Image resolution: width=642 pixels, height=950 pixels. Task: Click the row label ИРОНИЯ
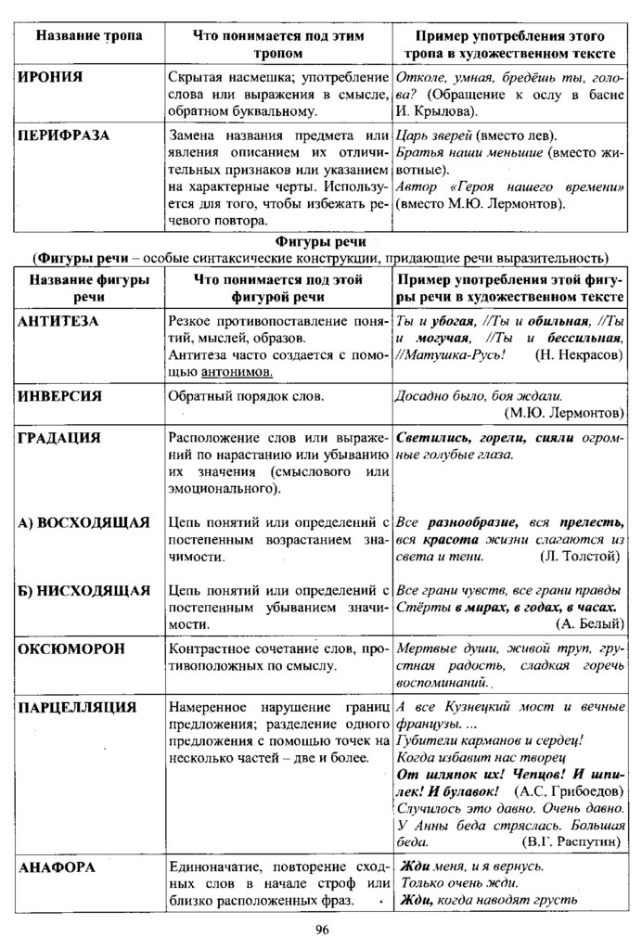(x=50, y=77)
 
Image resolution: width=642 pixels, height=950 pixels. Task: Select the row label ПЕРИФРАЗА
(x=63, y=135)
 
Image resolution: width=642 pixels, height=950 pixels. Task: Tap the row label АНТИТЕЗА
(x=58, y=321)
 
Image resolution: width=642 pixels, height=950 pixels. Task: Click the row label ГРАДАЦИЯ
(x=59, y=437)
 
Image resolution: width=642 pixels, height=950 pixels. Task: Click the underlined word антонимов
(x=237, y=371)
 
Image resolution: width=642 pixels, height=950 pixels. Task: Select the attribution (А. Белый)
(x=589, y=623)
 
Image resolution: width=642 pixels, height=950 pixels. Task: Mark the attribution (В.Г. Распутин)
(x=571, y=843)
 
